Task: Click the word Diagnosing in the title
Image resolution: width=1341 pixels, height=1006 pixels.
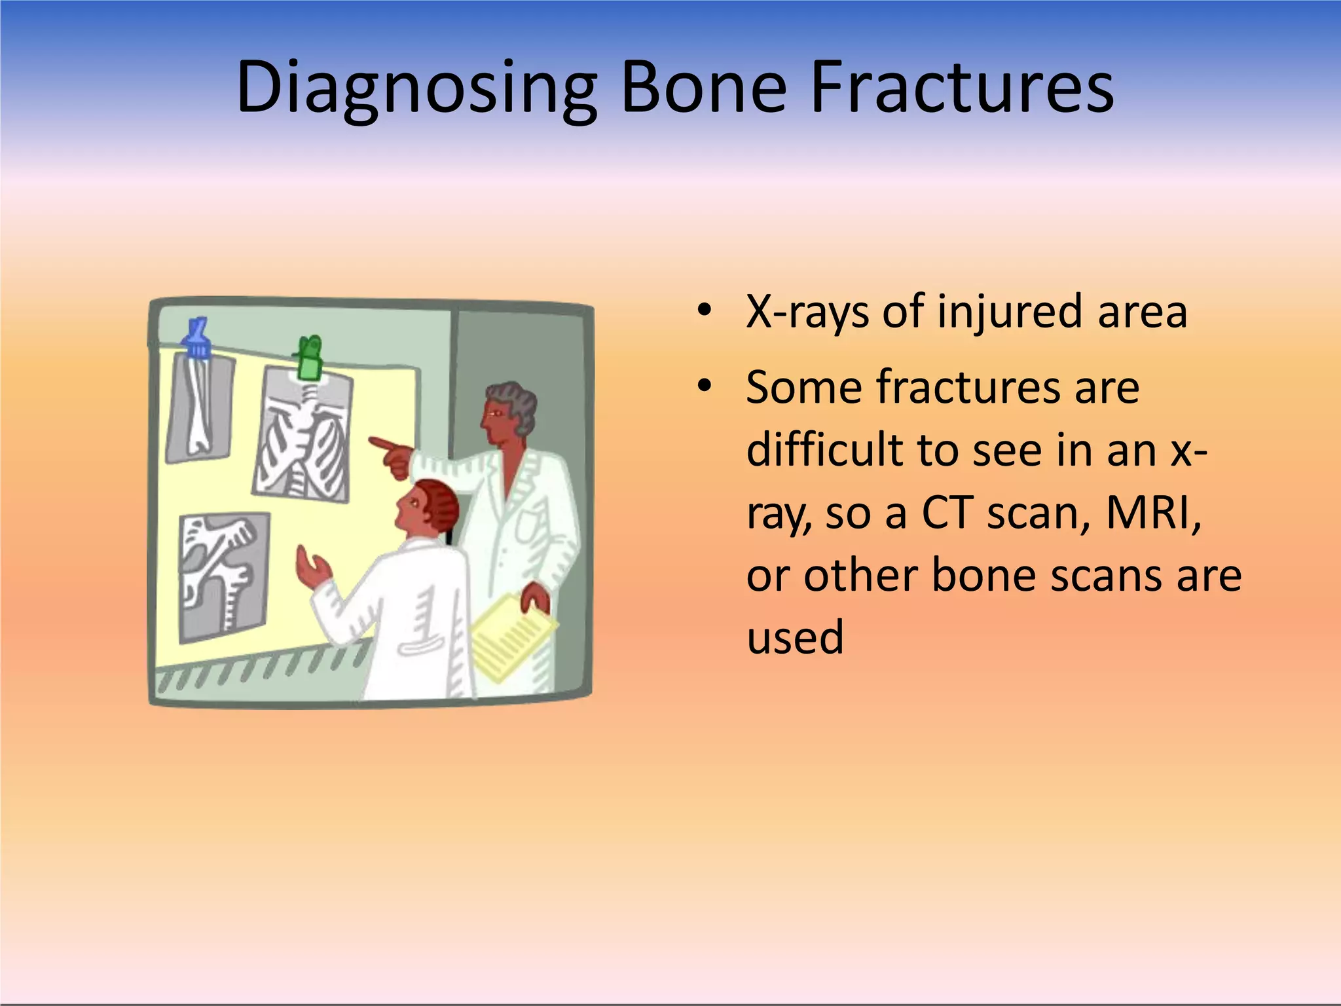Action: [416, 88]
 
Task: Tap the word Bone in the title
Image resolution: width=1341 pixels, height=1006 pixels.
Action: [703, 88]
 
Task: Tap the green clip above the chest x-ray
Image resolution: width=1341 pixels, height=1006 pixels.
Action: [308, 358]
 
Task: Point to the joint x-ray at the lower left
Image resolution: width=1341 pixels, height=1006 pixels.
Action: [223, 576]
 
